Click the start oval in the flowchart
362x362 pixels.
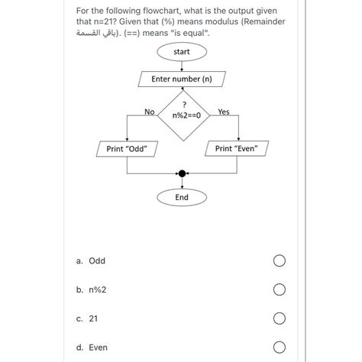[x=182, y=52]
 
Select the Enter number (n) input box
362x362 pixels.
[x=182, y=79]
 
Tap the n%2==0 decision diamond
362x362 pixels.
[x=183, y=115]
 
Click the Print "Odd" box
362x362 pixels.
[x=127, y=149]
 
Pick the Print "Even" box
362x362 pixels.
[x=237, y=148]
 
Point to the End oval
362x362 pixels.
[x=182, y=198]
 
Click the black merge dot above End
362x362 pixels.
[x=182, y=173]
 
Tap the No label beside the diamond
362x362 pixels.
[x=150, y=112]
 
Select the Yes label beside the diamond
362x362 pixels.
[x=224, y=112]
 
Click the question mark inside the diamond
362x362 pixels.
[x=185, y=105]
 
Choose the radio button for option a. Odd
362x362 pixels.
[x=280, y=261]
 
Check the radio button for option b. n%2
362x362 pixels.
[x=280, y=289]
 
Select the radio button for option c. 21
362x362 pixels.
[x=280, y=318]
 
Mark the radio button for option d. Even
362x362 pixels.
[x=280, y=347]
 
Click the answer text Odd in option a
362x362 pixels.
[x=97, y=261]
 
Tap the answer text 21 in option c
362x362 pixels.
[x=93, y=318]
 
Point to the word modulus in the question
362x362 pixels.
[x=221, y=21]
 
